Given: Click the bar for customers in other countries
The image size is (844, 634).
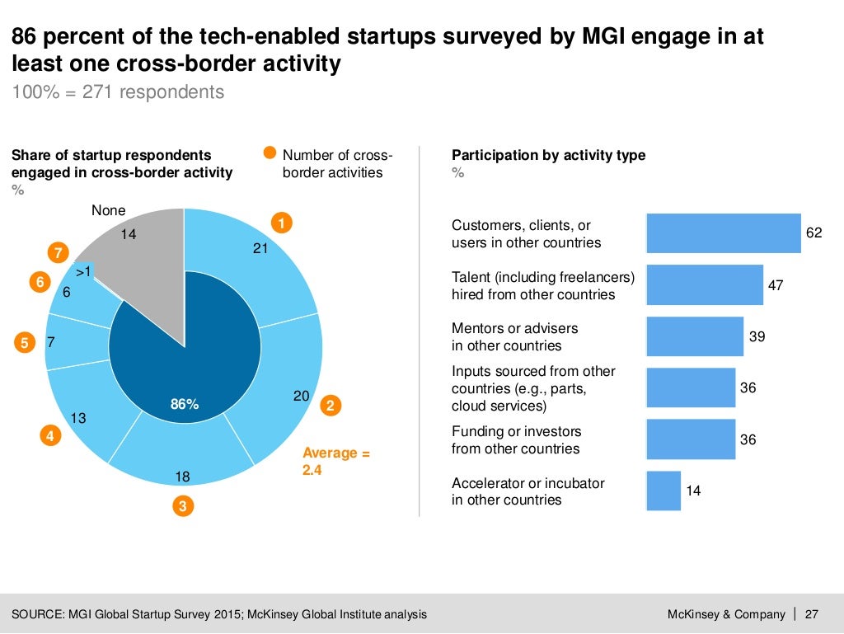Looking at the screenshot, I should point(724,233).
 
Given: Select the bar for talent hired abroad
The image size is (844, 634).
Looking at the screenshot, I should point(705,284).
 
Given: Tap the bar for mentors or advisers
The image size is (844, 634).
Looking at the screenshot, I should point(695,336).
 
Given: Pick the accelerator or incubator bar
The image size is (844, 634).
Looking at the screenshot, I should point(663,491).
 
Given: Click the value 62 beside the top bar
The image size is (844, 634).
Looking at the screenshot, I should point(814,233).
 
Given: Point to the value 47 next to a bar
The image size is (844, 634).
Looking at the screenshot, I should point(776,285).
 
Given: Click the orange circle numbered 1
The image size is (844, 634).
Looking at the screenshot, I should point(282,223).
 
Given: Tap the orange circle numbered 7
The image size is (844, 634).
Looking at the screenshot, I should point(58,252).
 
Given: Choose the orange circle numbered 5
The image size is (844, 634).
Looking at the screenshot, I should point(25,341).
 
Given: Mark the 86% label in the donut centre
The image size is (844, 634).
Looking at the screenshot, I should point(185,404).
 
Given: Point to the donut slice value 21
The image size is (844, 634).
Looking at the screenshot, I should point(260,247).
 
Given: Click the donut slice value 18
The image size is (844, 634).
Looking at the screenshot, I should point(183,477).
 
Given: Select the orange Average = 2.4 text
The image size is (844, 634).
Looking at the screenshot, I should point(336,461).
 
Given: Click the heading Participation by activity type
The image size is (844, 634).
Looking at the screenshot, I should point(549,155).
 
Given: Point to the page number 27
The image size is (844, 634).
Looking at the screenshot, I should point(812,614).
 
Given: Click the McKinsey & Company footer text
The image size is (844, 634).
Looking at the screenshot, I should point(726,614).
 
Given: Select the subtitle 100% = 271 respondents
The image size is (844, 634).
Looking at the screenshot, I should point(118,92).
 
